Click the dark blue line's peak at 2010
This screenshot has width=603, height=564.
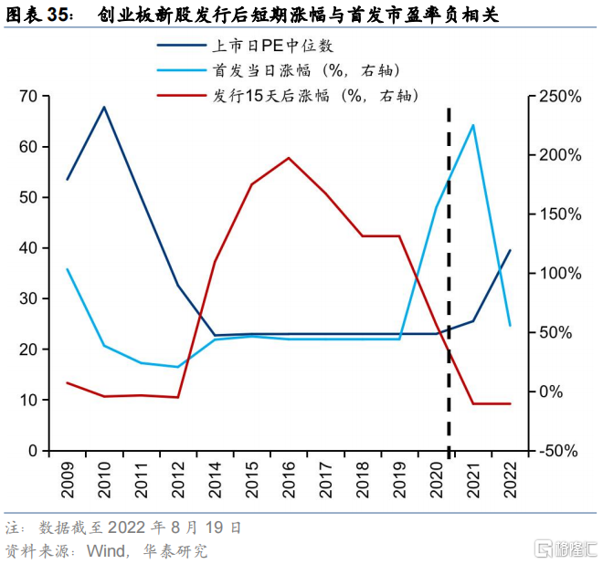coord(104,107)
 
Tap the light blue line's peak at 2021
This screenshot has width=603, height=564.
coord(473,125)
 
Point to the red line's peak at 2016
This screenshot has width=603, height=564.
coord(289,158)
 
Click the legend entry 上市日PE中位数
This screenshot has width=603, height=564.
coord(245,47)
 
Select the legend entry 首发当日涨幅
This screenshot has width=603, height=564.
coord(279,70)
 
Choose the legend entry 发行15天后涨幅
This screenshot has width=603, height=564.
coord(288,96)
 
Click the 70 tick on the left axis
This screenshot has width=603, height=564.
coord(28,96)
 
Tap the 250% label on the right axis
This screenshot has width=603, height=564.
coord(560,97)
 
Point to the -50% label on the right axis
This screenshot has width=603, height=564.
coord(558,451)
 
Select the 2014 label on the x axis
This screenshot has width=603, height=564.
coord(215,480)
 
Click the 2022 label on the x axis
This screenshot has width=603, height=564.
coord(511,480)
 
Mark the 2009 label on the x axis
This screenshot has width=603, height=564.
coord(68,480)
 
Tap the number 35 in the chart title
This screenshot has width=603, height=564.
coord(58,15)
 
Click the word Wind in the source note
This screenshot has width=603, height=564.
coord(106,551)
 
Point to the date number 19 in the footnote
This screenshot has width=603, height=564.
coord(214,527)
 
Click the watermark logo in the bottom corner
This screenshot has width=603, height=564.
coord(566,548)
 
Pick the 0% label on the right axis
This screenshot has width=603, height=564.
coord(551,392)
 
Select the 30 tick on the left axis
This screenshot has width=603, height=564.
coord(28,298)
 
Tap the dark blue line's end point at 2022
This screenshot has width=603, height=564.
coord(511,250)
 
